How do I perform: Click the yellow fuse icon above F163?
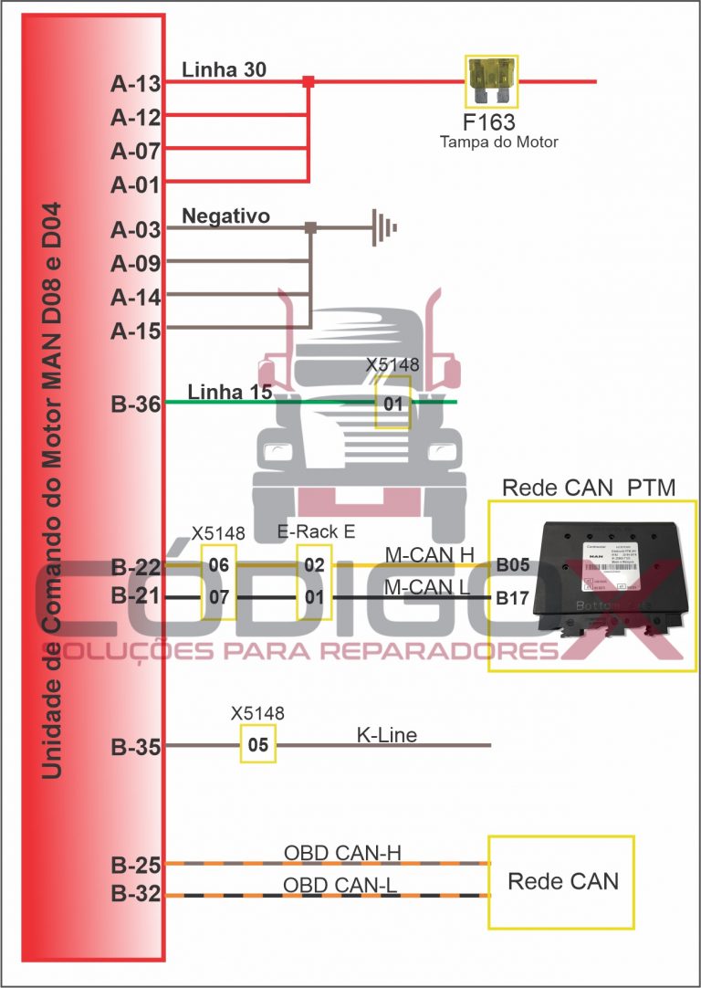(491, 80)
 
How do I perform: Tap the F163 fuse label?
(488, 121)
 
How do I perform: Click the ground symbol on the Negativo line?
(384, 226)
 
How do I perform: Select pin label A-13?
(136, 84)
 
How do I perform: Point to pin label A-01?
(136, 185)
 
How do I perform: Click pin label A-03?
(136, 230)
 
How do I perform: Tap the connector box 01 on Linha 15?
(393, 402)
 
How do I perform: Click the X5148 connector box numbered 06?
(219, 565)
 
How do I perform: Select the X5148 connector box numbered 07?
(219, 598)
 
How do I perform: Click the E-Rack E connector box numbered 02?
(314, 565)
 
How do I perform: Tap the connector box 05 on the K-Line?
(258, 745)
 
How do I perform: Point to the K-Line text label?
(386, 735)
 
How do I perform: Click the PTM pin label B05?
(512, 565)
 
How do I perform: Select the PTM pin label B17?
(512, 600)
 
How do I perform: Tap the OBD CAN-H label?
(342, 854)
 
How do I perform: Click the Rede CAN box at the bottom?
(561, 881)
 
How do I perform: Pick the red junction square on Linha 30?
(309, 81)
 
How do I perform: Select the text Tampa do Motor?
(498, 142)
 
